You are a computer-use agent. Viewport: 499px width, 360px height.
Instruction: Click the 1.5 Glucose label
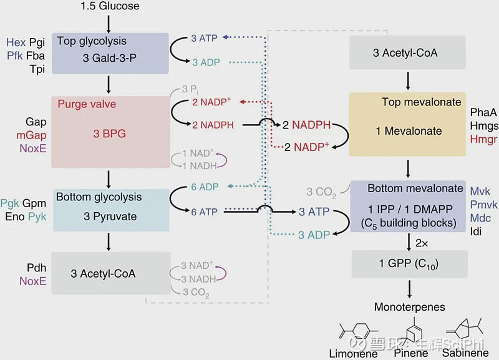point(110,6)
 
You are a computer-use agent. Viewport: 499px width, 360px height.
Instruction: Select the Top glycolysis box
point(110,52)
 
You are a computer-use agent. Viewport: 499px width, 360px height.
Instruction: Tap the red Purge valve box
point(110,131)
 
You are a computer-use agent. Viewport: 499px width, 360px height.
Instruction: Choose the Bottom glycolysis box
point(110,209)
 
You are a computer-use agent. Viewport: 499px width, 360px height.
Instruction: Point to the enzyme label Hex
point(16,42)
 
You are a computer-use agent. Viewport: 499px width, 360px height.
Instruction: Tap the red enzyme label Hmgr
point(483,139)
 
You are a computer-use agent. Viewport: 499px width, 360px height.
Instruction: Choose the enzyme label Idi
point(476,231)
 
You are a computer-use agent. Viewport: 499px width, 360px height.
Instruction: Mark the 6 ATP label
point(204,212)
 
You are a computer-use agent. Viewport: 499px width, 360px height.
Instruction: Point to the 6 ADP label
point(205,187)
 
